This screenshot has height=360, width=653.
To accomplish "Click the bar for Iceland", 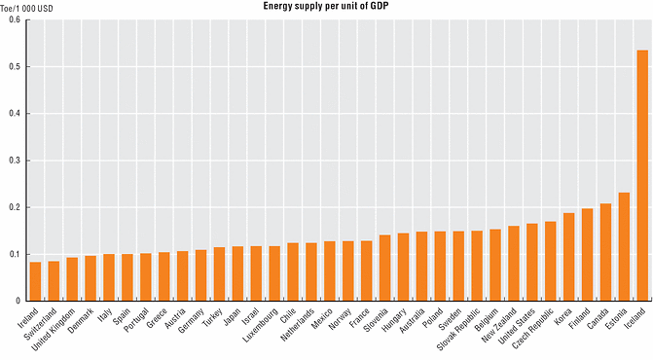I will (x=642, y=175).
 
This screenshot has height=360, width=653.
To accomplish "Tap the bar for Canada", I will (x=605, y=252).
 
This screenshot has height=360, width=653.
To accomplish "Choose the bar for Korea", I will (x=568, y=257).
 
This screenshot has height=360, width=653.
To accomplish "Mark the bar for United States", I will (x=531, y=263).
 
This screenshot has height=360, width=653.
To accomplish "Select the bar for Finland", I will (x=587, y=255).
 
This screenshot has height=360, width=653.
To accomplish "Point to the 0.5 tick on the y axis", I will (x=13, y=67).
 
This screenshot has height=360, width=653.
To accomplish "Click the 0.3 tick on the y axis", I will (x=13, y=161).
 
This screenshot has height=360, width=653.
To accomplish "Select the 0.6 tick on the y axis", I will (x=13, y=20).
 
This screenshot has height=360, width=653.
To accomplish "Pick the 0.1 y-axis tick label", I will (x=13, y=254).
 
